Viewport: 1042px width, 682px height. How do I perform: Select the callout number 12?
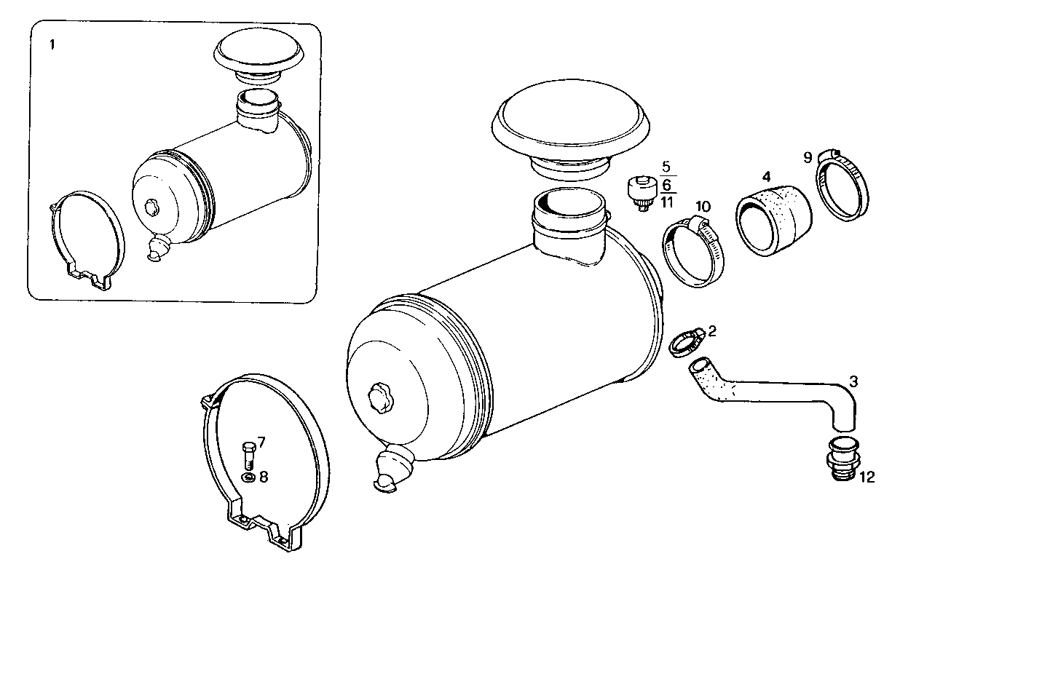pos(867,477)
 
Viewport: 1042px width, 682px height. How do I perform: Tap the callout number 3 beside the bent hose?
pos(853,381)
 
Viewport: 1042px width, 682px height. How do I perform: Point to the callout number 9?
pos(807,156)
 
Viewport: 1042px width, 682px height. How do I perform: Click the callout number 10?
pos(702,207)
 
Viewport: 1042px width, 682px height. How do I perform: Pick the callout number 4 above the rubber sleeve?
pos(766,176)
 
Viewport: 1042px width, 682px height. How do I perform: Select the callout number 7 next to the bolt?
pos(261,442)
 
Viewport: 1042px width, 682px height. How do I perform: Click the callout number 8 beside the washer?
pos(263,477)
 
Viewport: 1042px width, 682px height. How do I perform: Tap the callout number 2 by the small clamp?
pos(712,331)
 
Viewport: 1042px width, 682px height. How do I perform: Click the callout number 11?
pos(667,202)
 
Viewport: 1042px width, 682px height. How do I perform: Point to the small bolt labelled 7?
pos(247,455)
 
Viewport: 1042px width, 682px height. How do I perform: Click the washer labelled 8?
pos(248,477)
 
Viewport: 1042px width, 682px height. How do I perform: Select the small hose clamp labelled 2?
pos(686,341)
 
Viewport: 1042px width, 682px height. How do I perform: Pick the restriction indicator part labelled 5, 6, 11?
pos(641,192)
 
